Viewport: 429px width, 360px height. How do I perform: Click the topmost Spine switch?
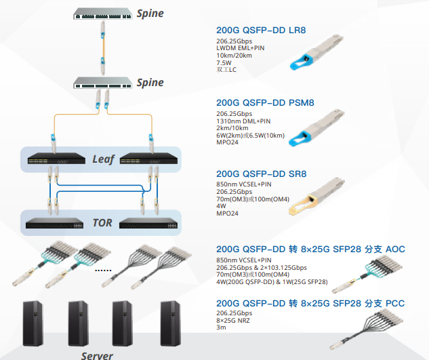pyautogui.click(x=102, y=14)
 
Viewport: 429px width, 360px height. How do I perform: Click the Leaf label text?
pyautogui.click(x=103, y=159)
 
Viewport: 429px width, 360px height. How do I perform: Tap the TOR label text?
pyautogui.click(x=102, y=223)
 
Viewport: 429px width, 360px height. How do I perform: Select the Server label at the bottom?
pyautogui.click(x=97, y=356)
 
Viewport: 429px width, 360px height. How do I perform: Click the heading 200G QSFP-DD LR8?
pyautogui.click(x=261, y=30)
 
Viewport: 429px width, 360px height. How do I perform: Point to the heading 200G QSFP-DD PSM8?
pyautogui.click(x=265, y=102)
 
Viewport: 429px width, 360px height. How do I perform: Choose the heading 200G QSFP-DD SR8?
pyautogui.click(x=262, y=174)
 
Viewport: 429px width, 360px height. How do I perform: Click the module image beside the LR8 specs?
pyautogui.click(x=316, y=52)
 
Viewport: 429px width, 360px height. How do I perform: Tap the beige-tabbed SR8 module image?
pyautogui.click(x=316, y=196)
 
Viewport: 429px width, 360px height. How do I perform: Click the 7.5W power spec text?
pyautogui.click(x=224, y=62)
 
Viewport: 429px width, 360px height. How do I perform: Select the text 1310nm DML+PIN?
pyautogui.click(x=243, y=121)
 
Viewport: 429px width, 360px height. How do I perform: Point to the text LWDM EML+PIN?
pyautogui.click(x=240, y=48)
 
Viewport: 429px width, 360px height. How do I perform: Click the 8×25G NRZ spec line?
pyautogui.click(x=233, y=320)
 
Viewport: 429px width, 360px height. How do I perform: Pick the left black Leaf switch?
pyautogui.click(x=56, y=159)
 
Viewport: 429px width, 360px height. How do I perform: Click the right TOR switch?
pyautogui.click(x=148, y=223)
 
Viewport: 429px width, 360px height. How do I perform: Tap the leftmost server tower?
pyautogui.click(x=33, y=323)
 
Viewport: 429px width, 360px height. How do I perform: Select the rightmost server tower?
pyautogui.click(x=171, y=323)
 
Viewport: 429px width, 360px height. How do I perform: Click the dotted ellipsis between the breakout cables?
pyautogui.click(x=103, y=271)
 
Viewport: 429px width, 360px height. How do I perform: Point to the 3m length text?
pyautogui.click(x=221, y=327)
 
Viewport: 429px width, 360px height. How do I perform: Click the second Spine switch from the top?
pyautogui.click(x=102, y=83)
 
